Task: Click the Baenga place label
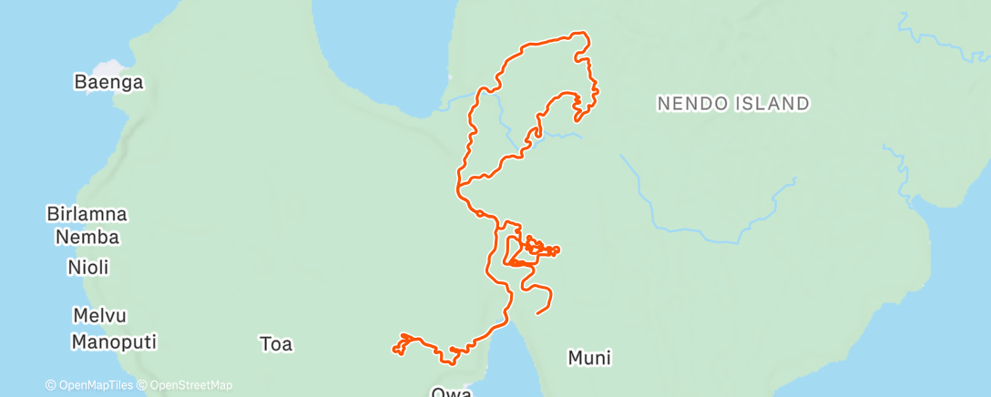tap(108, 83)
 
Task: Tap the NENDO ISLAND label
tap(733, 104)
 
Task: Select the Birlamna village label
tap(87, 215)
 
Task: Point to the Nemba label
tap(87, 238)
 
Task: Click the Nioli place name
tap(88, 268)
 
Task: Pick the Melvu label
tap(99, 316)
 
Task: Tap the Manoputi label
tap(114, 343)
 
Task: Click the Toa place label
tap(276, 344)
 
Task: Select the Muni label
tap(589, 358)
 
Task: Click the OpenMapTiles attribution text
tap(88, 385)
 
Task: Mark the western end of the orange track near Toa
tap(393, 348)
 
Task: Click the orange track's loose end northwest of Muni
tap(537, 313)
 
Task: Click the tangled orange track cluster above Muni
tap(537, 248)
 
